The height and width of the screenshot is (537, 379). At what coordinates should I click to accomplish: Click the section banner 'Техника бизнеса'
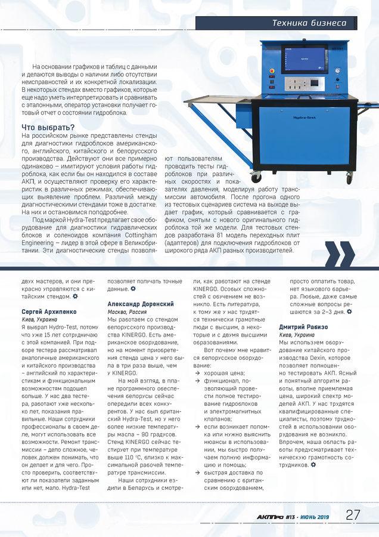(x=309, y=23)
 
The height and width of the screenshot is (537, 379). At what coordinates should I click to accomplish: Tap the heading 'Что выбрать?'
(x=48, y=127)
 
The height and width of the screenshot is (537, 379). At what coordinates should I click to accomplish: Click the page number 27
(x=353, y=515)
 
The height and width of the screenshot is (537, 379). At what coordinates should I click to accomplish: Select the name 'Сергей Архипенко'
(x=43, y=312)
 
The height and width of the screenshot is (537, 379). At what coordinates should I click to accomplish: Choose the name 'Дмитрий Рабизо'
(x=303, y=327)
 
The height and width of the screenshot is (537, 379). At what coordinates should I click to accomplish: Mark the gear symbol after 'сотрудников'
(x=312, y=465)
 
